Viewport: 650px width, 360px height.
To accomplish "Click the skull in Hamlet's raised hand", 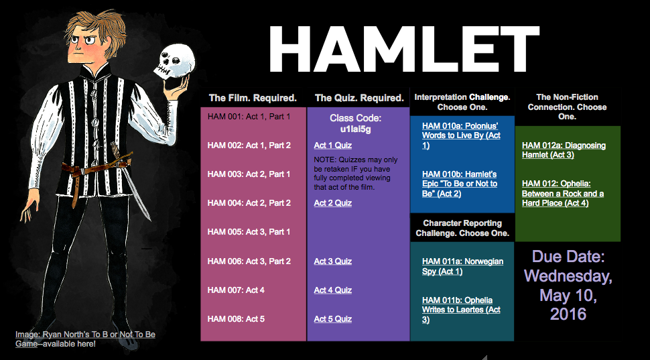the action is point(174,61).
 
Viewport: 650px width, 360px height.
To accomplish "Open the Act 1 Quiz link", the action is point(333,145).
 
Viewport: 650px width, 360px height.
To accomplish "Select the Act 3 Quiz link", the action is point(333,261).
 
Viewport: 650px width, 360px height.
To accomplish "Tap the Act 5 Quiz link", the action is point(333,319).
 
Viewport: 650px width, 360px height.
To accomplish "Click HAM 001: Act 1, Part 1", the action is point(249,117).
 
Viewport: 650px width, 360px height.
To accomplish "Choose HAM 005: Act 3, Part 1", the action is point(249,232).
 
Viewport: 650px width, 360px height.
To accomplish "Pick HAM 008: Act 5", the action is point(236,319).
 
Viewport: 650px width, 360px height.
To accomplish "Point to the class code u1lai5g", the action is point(356,129).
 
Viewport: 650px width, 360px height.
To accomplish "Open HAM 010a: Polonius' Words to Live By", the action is point(462,135).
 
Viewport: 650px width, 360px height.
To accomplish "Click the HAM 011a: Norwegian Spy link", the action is point(462,266).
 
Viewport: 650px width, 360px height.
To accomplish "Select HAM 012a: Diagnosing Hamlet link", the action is point(564,150).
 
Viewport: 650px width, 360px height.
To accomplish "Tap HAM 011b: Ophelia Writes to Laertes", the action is point(461,310).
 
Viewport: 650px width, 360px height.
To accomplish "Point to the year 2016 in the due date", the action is point(568,314).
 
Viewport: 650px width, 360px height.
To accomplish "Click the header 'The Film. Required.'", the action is point(253,99).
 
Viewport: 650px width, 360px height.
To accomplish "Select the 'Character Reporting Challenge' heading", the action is point(462,228).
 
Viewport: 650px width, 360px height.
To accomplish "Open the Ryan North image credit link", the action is point(85,339).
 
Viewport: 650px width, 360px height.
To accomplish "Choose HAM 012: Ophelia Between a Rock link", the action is point(563,193).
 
